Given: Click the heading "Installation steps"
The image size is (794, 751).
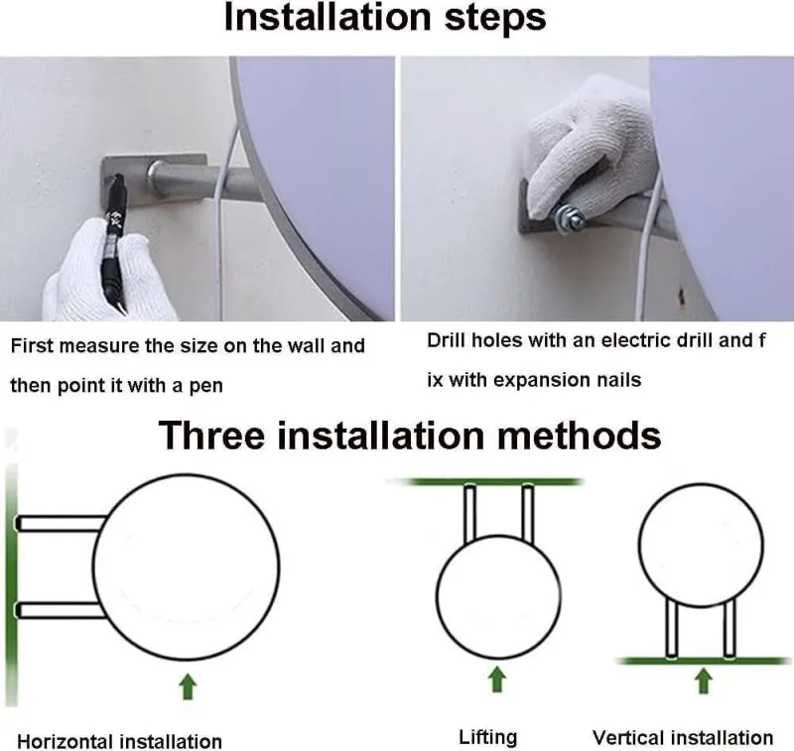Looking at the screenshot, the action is point(385,18).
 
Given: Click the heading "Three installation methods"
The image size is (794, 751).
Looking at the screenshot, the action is point(410,436).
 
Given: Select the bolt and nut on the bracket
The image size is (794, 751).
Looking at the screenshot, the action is point(568,218).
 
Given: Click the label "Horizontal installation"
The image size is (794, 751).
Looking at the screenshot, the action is point(119,741).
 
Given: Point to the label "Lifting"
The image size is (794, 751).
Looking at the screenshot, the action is point(487,737).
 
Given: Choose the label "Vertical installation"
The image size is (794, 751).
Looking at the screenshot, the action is point(683,737).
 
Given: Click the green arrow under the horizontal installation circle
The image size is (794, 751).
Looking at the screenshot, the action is point(188,687).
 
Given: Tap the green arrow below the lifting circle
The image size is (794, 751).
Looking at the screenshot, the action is point(497,680).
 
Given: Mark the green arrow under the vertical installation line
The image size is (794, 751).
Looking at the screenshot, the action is point(703,681).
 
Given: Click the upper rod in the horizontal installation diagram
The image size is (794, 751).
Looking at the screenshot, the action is point(61,523).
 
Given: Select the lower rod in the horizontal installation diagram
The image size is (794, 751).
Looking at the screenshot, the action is point(60,610).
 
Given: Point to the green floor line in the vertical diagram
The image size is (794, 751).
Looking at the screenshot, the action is point(704,661).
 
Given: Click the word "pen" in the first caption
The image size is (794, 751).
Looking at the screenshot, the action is point(206,386).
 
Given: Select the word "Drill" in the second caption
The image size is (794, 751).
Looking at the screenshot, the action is point(447,340).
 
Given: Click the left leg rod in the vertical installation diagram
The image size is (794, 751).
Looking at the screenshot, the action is point(672,629).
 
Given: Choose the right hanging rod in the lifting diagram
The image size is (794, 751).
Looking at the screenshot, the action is point(528,514).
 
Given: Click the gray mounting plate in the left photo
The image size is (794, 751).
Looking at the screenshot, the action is point(153,181).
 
